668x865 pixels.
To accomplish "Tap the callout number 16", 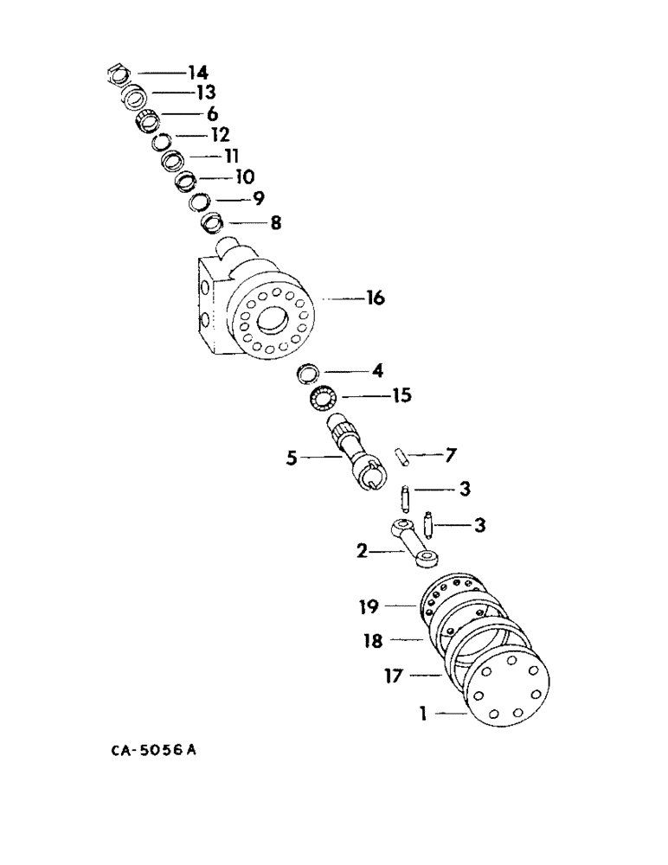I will click(x=374, y=298).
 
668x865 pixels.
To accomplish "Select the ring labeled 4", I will click(x=307, y=374).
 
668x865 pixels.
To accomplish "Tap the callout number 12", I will click(x=219, y=135).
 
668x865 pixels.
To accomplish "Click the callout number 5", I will click(x=292, y=458).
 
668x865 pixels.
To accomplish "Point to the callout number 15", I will click(x=401, y=396).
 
